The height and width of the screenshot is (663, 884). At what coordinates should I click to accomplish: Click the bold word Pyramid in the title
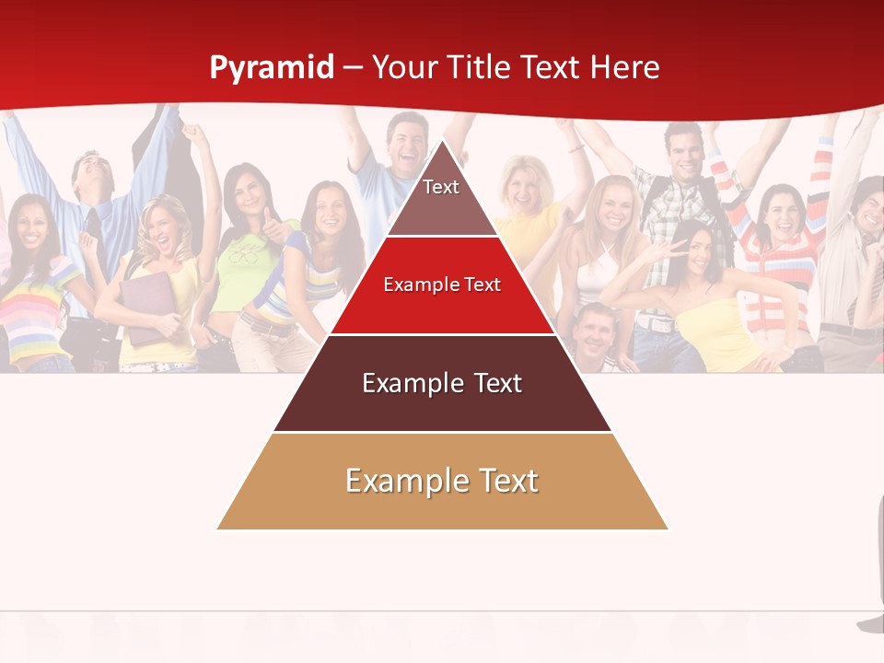click(272, 68)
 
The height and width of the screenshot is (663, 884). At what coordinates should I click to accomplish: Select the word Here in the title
click(624, 68)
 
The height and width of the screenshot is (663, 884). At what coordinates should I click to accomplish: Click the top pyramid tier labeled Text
click(441, 197)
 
